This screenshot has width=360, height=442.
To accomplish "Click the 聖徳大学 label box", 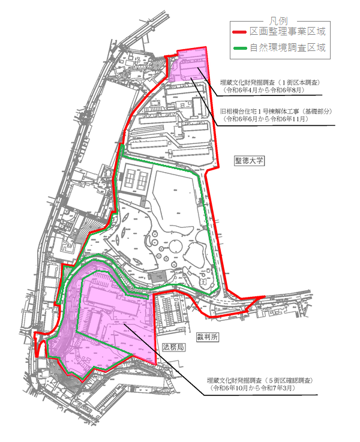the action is click(x=250, y=161).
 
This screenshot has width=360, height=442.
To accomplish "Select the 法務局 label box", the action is click(x=173, y=347).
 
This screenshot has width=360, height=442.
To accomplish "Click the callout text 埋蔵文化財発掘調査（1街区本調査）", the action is click(x=269, y=82).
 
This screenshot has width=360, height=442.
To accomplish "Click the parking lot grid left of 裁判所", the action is click(x=171, y=312).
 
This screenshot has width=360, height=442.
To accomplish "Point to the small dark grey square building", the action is click(x=157, y=276).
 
